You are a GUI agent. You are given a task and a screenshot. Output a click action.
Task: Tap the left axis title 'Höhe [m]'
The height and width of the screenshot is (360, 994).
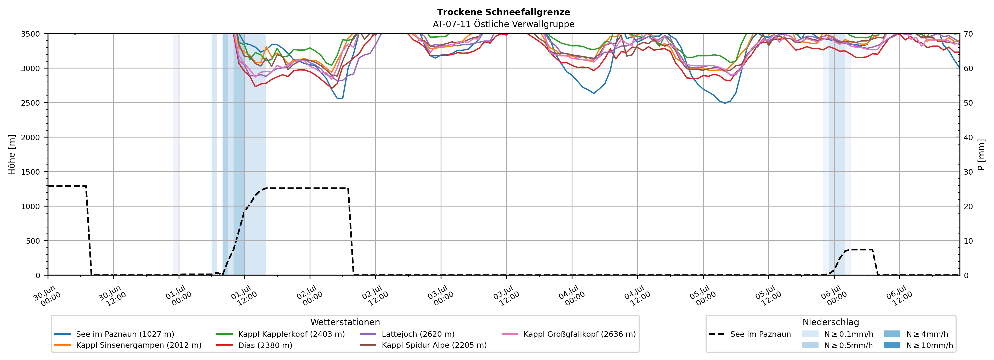coord(12,154)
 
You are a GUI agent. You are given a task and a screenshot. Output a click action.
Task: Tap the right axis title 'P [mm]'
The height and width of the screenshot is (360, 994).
coord(981,154)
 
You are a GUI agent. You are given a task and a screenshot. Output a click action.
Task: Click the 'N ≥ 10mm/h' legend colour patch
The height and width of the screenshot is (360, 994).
coord(892,345)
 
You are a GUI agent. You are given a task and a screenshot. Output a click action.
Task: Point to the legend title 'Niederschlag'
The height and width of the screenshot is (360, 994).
coord(831,322)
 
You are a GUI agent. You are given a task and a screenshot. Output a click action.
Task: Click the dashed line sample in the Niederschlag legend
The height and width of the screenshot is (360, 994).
coord(717,334)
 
